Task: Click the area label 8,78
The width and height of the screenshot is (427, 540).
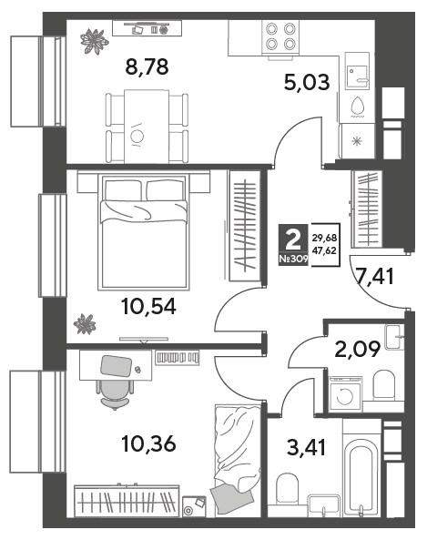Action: tap(147, 66)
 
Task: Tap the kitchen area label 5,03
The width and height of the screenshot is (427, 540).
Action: tap(307, 83)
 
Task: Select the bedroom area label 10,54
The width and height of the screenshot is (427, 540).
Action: tap(148, 306)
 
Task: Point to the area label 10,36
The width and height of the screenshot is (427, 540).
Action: tap(148, 443)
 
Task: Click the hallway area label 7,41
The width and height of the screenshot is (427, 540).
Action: tap(375, 277)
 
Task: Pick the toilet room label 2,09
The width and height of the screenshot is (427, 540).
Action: tap(358, 349)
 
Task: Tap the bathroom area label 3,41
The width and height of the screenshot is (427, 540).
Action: tap(306, 448)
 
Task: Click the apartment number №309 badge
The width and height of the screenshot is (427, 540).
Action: tap(293, 259)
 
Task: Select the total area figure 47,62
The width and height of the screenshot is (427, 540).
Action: tap(324, 250)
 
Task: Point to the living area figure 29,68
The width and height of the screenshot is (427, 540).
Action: tap(324, 238)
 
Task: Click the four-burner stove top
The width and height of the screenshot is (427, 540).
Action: tap(280, 36)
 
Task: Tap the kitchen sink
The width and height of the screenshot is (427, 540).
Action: tap(357, 71)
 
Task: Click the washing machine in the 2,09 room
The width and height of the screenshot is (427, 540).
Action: tap(345, 394)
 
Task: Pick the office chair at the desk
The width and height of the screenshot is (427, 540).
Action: tap(115, 393)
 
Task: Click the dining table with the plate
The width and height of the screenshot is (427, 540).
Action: tap(147, 126)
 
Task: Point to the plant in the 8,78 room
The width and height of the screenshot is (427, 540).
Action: tap(94, 42)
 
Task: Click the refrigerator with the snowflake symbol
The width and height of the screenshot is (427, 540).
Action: tap(357, 141)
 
